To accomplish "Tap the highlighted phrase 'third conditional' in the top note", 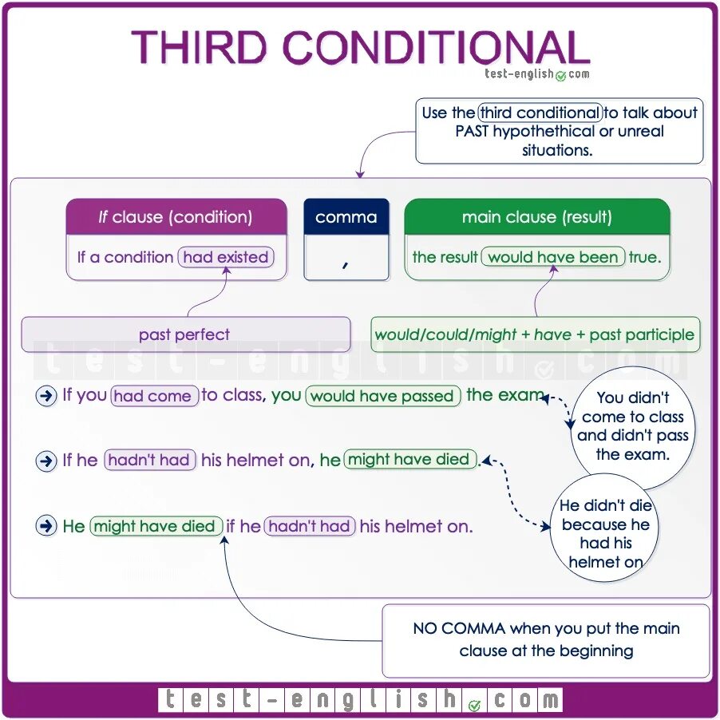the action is click(x=540, y=113).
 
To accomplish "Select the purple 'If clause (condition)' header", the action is click(x=176, y=217).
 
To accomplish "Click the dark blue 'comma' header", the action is click(x=346, y=217).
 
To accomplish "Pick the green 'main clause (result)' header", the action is click(x=536, y=217).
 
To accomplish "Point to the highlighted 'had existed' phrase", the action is click(x=225, y=257).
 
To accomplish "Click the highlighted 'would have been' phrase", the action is click(x=552, y=257).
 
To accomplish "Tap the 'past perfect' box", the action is click(x=184, y=334).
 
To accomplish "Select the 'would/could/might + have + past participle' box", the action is click(x=534, y=334).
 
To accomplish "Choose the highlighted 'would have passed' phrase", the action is click(x=383, y=396).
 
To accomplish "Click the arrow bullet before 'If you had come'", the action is click(x=46, y=396).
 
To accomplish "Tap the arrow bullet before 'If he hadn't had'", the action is click(x=46, y=461).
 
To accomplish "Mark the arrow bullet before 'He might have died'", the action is click(x=46, y=526).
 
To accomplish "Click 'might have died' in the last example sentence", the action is click(x=155, y=526).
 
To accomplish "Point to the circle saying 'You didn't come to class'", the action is click(x=632, y=425).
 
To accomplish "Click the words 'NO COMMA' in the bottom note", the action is click(x=459, y=628).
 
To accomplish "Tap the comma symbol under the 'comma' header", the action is click(x=346, y=263).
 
